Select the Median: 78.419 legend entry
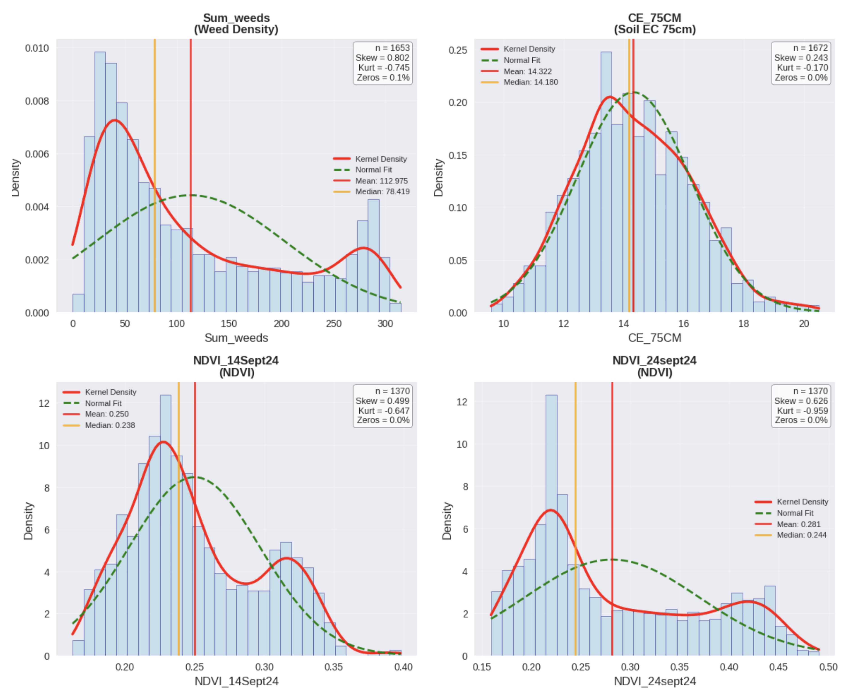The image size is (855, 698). tap(382, 192)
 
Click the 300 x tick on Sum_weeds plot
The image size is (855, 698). tap(385, 324)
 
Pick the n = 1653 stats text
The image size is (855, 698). tap(392, 48)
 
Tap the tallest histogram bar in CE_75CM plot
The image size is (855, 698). tap(606, 181)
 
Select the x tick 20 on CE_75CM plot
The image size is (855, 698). tap(804, 324)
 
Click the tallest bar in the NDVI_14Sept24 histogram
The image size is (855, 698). tap(166, 523)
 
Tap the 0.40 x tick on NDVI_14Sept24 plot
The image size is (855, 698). tap(403, 667)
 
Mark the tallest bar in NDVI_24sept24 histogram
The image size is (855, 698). tap(551, 523)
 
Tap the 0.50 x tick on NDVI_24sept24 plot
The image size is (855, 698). tap(828, 667)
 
